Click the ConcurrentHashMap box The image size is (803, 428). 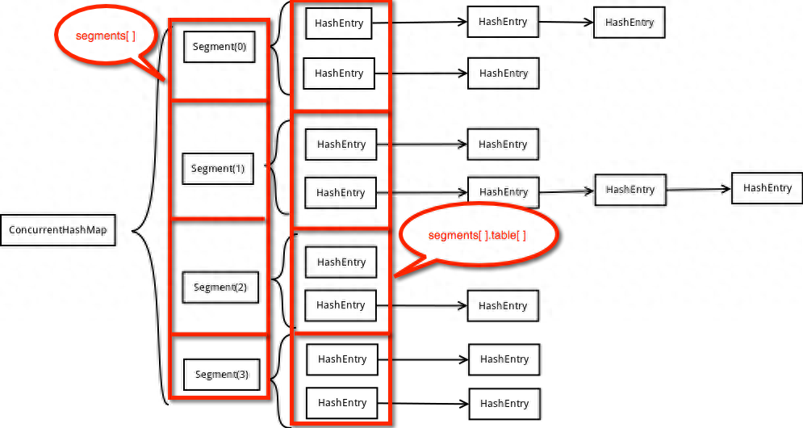click(58, 230)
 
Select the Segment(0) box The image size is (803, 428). click(220, 47)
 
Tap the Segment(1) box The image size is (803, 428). click(218, 169)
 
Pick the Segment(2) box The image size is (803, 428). click(220, 287)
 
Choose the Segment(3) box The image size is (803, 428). click(222, 375)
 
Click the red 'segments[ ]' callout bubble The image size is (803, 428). click(105, 36)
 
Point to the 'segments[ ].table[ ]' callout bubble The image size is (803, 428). click(477, 235)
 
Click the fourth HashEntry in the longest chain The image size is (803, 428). click(767, 188)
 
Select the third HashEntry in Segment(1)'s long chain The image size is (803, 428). click(630, 190)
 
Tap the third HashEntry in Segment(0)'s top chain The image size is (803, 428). click(629, 23)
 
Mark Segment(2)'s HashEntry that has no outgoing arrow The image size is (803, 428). click(341, 262)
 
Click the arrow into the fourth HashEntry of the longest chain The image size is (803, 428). click(699, 190)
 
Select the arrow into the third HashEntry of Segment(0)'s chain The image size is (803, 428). click(566, 22)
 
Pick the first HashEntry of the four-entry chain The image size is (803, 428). click(341, 193)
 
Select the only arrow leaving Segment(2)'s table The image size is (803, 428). click(422, 306)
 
